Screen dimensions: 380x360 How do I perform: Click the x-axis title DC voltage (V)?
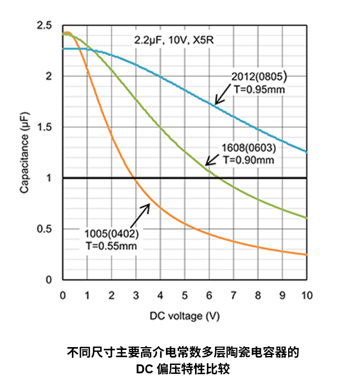(184, 316)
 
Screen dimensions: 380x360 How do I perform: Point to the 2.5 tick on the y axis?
(44, 26)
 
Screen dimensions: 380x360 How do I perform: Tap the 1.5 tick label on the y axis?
(44, 127)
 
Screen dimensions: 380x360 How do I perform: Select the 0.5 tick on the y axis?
(44, 229)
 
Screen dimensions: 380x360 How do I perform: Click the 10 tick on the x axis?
(307, 294)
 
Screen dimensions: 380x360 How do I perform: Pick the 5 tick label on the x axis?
(184, 294)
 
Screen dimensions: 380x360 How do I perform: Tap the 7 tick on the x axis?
(233, 294)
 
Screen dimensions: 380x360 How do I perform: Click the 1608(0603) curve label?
(249, 149)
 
